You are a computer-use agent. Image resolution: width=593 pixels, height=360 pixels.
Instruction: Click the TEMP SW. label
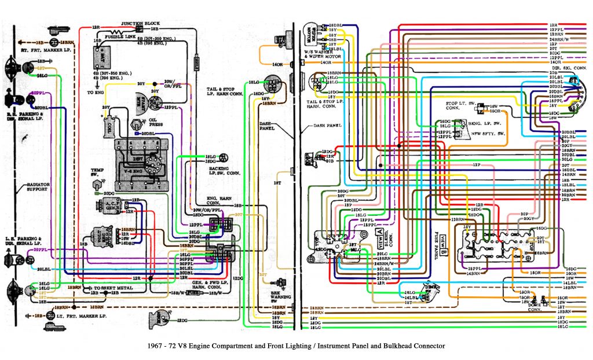pyautogui.click(x=97, y=173)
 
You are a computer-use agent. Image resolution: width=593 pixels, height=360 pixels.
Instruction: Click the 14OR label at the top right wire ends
pyautogui.click(x=556, y=61)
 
